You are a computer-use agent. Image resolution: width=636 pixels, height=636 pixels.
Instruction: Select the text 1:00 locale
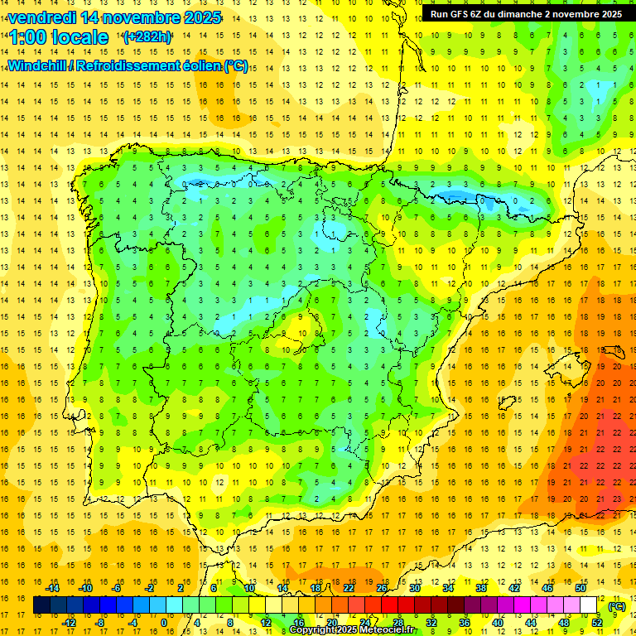tap(59, 37)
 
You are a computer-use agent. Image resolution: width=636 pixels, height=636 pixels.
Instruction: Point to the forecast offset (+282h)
tap(147, 37)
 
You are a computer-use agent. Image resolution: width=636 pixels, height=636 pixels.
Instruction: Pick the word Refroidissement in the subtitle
tap(137, 66)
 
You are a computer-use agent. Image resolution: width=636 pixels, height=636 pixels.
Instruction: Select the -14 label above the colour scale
tap(53, 588)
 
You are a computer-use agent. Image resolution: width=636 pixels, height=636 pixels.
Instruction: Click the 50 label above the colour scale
tap(581, 588)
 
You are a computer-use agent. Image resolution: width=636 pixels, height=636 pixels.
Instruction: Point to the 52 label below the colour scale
tap(597, 623)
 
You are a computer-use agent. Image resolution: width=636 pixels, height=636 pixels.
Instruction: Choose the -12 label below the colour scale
tap(70, 623)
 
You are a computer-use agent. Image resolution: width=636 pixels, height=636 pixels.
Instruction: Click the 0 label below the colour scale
tap(165, 623)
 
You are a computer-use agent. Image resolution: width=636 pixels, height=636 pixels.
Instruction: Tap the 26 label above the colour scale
tap(382, 588)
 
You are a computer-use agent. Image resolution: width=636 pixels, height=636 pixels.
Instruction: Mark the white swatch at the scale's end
tap(589, 605)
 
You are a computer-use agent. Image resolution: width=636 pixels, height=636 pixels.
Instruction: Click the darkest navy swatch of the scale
tap(41, 605)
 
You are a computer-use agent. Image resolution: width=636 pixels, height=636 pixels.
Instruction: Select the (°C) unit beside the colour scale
tap(616, 606)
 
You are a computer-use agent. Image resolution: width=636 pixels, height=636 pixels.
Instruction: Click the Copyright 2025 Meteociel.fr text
tap(353, 630)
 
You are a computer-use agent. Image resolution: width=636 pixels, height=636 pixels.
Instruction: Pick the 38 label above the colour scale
tap(481, 588)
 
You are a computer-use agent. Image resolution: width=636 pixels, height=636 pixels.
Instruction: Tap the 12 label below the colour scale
tap(266, 623)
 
